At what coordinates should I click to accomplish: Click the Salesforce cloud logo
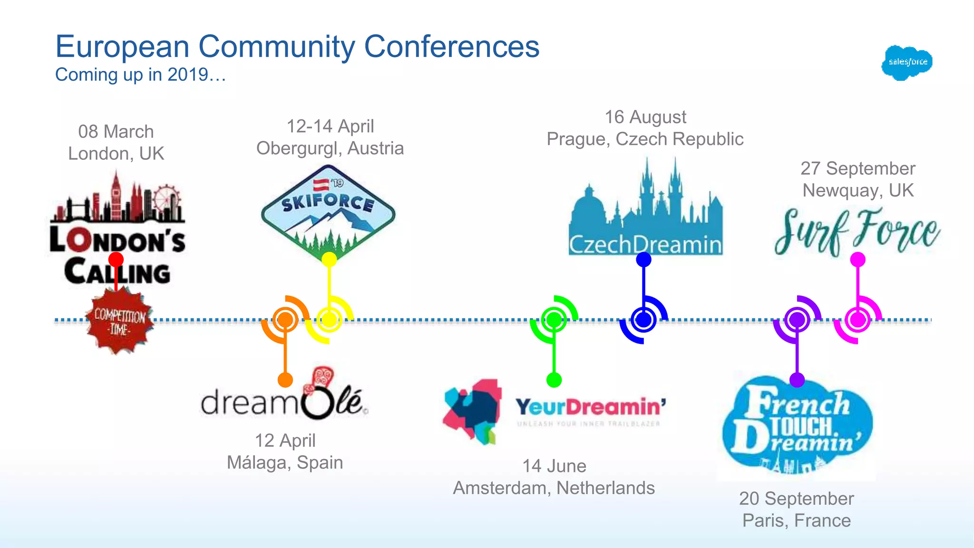click(x=906, y=62)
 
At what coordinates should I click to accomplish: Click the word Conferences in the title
click(x=451, y=47)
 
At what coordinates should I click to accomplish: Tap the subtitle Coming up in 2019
click(x=140, y=75)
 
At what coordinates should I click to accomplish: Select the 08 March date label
click(x=116, y=132)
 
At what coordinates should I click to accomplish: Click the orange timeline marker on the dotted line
click(x=285, y=320)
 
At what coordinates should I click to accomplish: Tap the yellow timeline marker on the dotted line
click(x=329, y=320)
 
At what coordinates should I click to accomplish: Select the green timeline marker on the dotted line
click(x=554, y=320)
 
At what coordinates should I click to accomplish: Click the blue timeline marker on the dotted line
click(x=643, y=320)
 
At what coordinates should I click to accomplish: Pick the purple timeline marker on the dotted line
click(x=797, y=320)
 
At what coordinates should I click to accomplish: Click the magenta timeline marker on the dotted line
click(x=857, y=320)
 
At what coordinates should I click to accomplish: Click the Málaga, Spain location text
click(x=285, y=462)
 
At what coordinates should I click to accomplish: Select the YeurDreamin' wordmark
click(x=590, y=408)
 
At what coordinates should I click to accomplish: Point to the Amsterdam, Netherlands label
click(x=554, y=488)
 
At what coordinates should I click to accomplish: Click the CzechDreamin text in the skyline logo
click(x=645, y=245)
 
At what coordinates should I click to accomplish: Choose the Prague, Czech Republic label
click(x=645, y=139)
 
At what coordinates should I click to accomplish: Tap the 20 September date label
click(x=796, y=499)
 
